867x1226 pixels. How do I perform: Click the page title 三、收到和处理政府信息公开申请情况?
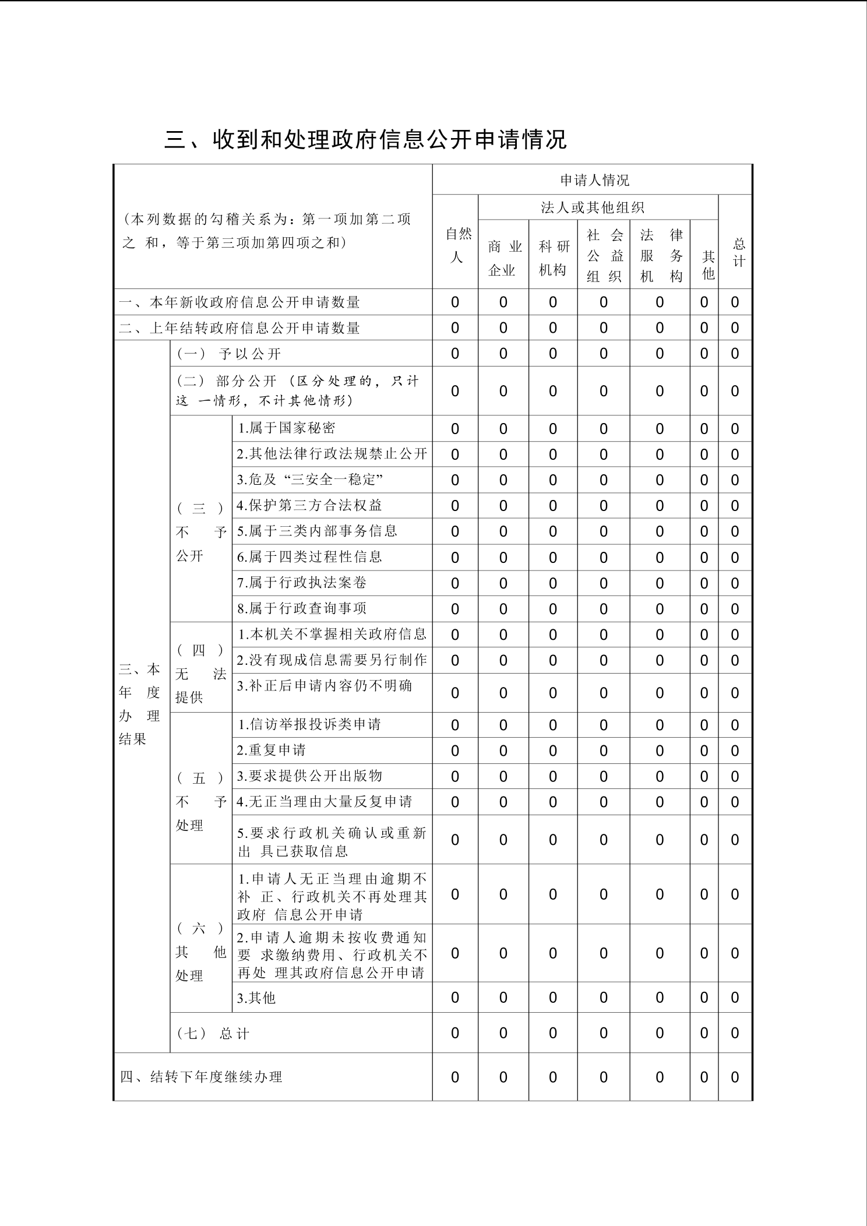pos(366,140)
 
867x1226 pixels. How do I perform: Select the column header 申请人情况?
pos(594,180)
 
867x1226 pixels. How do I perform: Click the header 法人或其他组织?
pos(592,207)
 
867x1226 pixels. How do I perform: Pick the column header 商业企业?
pos(504,258)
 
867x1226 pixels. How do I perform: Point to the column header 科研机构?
pos(554,258)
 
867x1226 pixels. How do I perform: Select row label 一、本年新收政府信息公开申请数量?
pos(239,302)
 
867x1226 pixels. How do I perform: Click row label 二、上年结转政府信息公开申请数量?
pos(239,328)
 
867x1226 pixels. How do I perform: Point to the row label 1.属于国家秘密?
pos(286,428)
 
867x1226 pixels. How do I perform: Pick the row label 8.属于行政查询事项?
pos(302,608)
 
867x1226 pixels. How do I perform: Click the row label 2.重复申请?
pos(272,750)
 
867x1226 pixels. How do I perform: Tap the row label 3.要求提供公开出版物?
pos(309,776)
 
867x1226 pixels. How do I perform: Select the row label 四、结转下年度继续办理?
pos(201,1077)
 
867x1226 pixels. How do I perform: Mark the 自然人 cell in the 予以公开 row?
pos(455,354)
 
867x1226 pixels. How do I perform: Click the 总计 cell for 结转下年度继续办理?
pos(735,1077)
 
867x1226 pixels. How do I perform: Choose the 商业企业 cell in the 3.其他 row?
pos(503,998)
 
